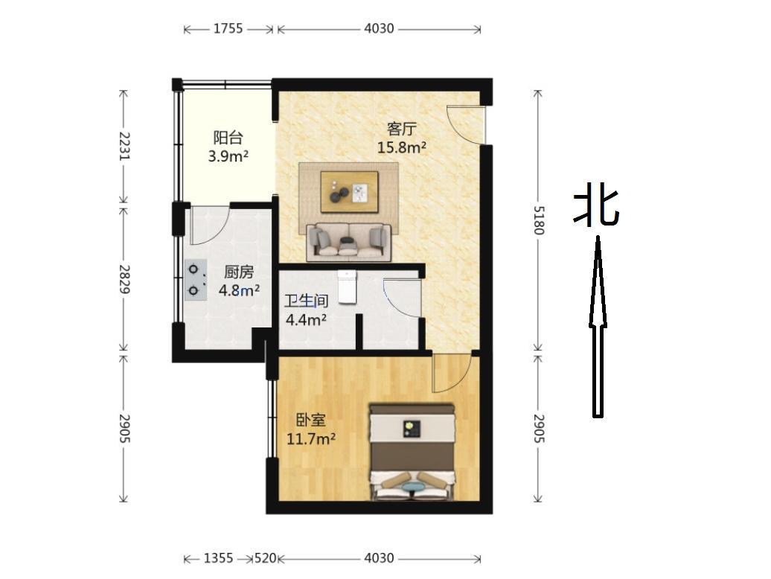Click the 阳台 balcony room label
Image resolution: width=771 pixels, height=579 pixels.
pos(228,137)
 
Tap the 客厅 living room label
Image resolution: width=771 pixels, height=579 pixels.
pos(402,129)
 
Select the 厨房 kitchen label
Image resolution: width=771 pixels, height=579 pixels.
pos(239,272)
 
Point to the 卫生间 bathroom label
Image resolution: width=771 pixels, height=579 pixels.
pos(307,301)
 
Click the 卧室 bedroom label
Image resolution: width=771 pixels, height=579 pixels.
pos(311,420)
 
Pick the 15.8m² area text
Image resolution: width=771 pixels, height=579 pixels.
pos(402,147)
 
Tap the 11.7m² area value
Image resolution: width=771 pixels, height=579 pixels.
pos(311,438)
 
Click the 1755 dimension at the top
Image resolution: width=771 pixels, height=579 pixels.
pos(228,28)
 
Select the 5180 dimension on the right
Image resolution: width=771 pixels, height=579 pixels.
pos(539,220)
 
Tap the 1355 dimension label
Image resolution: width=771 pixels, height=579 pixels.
pos(219,558)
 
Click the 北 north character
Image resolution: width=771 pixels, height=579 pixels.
pos(596,208)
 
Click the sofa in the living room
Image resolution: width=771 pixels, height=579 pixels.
pos(349,241)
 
